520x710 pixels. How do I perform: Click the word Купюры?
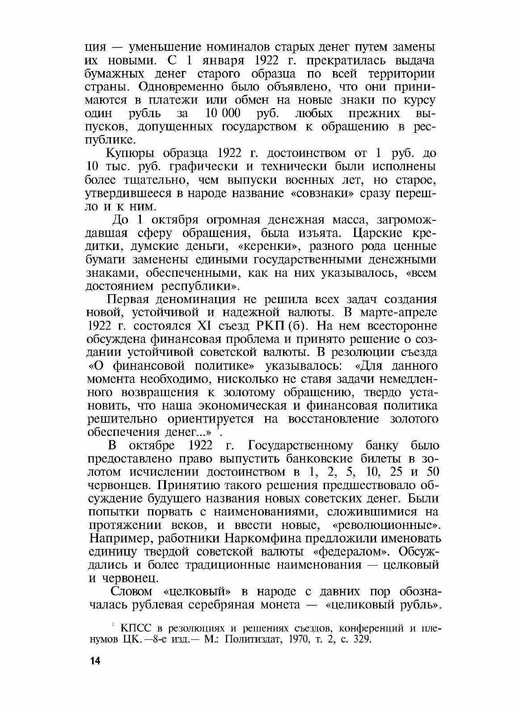(x=130, y=153)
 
